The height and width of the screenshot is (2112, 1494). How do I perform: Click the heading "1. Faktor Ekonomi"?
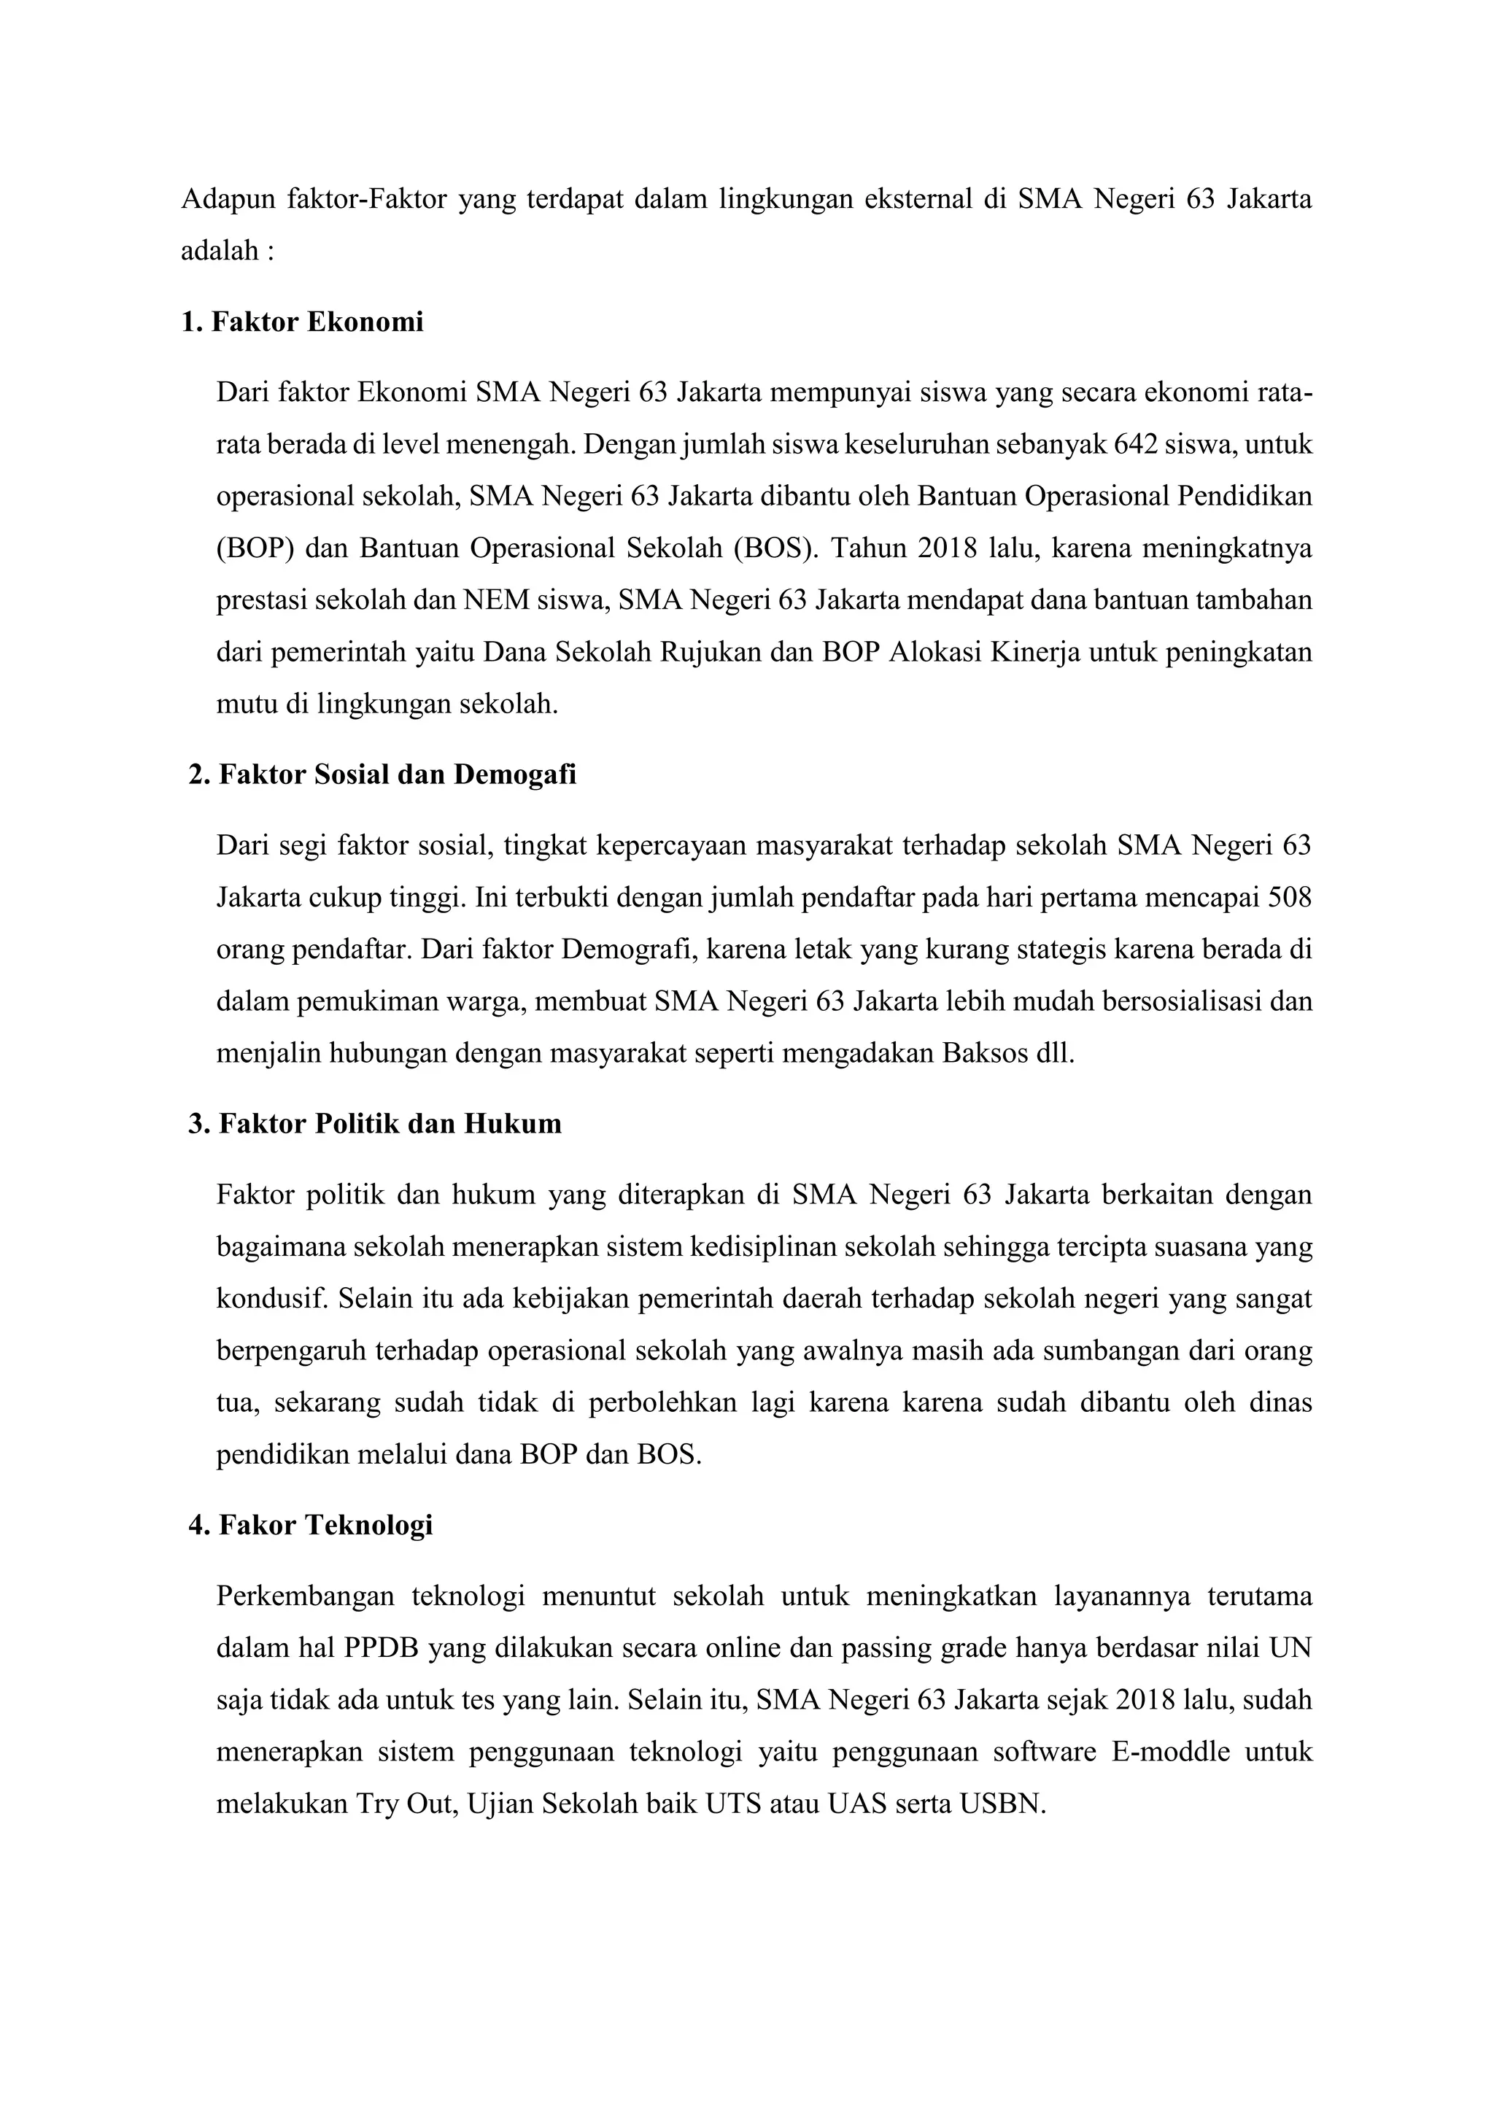303,323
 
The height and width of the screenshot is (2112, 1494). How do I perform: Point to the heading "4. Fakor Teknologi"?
310,1525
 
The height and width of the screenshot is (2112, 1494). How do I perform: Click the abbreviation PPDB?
382,1647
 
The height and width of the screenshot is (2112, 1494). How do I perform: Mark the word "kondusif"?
271,1300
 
